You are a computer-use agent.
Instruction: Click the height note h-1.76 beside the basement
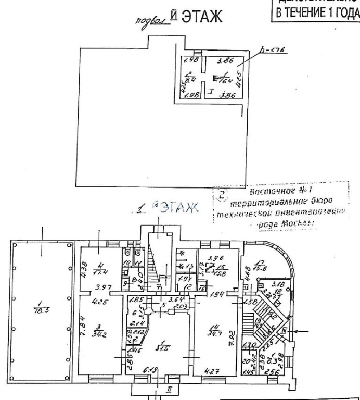[270, 52]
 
